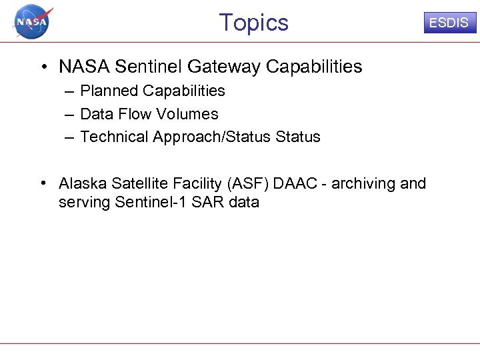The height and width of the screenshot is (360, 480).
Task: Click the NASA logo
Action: pyautogui.click(x=32, y=21)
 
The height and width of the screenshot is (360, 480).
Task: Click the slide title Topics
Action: pyautogui.click(x=253, y=23)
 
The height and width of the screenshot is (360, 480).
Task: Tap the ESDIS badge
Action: pyautogui.click(x=448, y=23)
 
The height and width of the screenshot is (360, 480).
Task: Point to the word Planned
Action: pyautogui.click(x=107, y=91)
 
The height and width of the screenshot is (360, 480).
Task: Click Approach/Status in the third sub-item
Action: pyautogui.click(x=213, y=137)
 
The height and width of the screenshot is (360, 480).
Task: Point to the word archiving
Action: pyautogui.click(x=364, y=183)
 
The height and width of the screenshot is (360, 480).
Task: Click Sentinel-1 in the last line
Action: pyautogui.click(x=152, y=202)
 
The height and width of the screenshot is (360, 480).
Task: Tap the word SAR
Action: pyautogui.click(x=207, y=202)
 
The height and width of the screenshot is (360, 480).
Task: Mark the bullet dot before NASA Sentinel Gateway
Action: pyautogui.click(x=42, y=67)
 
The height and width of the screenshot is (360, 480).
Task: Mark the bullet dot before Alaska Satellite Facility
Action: pyautogui.click(x=42, y=183)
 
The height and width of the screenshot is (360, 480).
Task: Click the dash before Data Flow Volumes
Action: pyautogui.click(x=69, y=114)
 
